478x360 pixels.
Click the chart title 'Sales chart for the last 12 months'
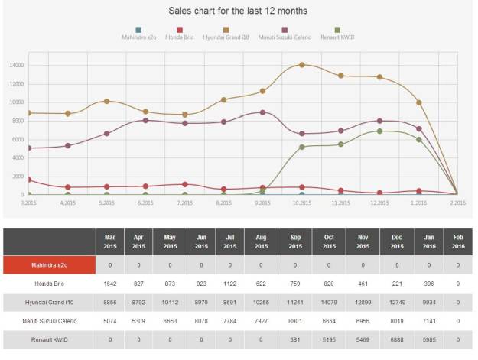[238, 11]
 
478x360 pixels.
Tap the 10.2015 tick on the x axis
[301, 203]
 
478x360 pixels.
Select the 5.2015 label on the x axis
[106, 203]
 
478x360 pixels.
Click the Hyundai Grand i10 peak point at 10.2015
[302, 65]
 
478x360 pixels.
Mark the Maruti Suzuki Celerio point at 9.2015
[263, 112]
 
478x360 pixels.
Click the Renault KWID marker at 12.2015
[380, 131]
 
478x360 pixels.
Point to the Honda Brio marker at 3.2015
[28, 180]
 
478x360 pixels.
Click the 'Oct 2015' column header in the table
[328, 242]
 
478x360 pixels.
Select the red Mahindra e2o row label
[48, 264]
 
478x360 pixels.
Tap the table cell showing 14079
[328, 301]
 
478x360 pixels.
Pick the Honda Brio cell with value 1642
[108, 283]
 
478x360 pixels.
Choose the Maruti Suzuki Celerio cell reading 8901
[294, 320]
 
